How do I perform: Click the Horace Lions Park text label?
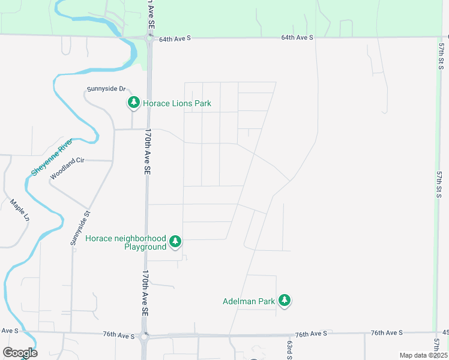(177, 103)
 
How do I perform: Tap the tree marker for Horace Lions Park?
(133, 103)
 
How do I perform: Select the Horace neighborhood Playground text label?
(125, 242)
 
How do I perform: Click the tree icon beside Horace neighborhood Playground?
(175, 241)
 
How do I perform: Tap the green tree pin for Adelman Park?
(285, 300)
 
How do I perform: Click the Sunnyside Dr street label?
(106, 89)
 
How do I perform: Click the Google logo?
(20, 352)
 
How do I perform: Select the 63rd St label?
(289, 347)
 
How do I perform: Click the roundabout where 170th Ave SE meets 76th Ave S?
(144, 337)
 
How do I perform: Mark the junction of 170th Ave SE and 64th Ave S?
(149, 37)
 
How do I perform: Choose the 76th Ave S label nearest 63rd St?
(311, 333)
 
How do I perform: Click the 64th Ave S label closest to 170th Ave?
(175, 38)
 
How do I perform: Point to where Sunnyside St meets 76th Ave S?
(71, 332)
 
